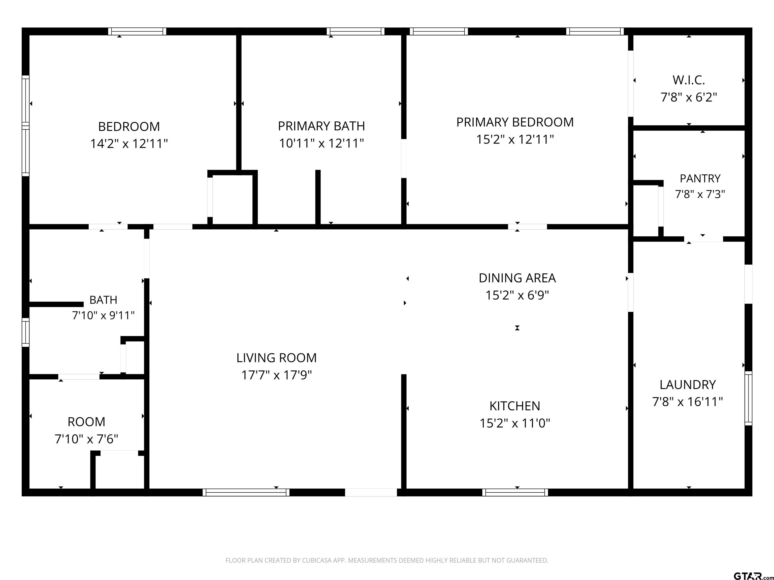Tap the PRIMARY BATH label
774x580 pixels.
point(321,126)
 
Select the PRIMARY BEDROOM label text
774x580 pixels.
point(515,122)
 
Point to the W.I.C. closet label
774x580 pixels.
point(689,80)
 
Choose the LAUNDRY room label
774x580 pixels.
point(688,385)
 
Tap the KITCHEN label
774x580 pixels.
point(515,406)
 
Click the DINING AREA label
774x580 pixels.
point(517,278)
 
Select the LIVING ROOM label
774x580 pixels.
point(276,358)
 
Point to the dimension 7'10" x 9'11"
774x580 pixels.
point(103,315)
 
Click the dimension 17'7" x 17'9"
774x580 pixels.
point(276,375)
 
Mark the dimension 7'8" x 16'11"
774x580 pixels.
point(688,402)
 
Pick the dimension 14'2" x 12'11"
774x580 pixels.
point(129,144)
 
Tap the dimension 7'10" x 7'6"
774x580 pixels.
point(86,439)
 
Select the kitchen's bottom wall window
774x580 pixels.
point(515,492)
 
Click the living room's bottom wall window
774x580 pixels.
point(246,492)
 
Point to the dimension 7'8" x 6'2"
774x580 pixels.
point(689,97)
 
